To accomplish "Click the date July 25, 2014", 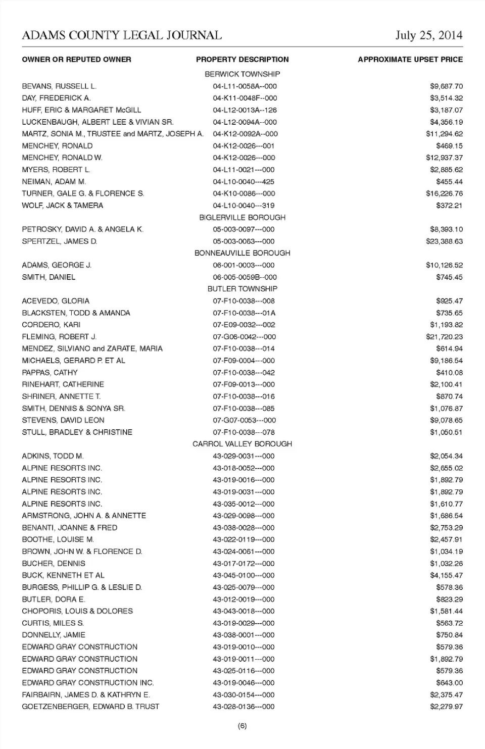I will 428,35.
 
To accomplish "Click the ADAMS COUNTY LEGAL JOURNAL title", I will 122,35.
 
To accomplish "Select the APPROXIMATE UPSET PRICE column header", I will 410,60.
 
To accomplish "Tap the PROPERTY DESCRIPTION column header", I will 243,60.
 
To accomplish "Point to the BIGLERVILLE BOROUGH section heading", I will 243,218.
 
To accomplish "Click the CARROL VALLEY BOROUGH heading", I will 243,444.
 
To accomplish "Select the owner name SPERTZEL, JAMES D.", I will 60,241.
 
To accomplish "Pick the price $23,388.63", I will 444,241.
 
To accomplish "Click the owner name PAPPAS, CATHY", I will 50,373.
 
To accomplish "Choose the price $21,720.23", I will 444,337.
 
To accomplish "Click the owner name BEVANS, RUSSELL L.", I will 59,86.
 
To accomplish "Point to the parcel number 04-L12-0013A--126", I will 245,110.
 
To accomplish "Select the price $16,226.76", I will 444,193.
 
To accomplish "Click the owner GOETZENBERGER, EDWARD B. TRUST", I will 90,707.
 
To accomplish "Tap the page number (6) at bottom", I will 243,726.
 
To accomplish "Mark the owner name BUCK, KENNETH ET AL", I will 63,575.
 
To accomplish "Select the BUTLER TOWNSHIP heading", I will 243,289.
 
